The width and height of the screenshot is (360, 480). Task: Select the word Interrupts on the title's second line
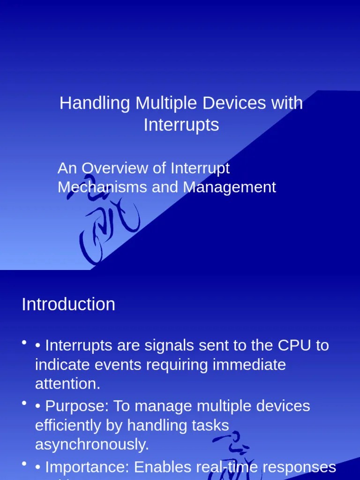pos(181,125)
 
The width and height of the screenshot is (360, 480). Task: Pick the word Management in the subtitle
pos(229,187)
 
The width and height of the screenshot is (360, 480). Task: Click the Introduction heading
pos(68,304)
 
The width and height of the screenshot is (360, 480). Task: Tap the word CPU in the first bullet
pos(295,345)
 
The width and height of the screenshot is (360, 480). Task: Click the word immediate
pos(249,365)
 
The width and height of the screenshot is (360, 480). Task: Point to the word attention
pos(67,384)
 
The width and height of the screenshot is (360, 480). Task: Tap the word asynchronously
pos(92,444)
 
